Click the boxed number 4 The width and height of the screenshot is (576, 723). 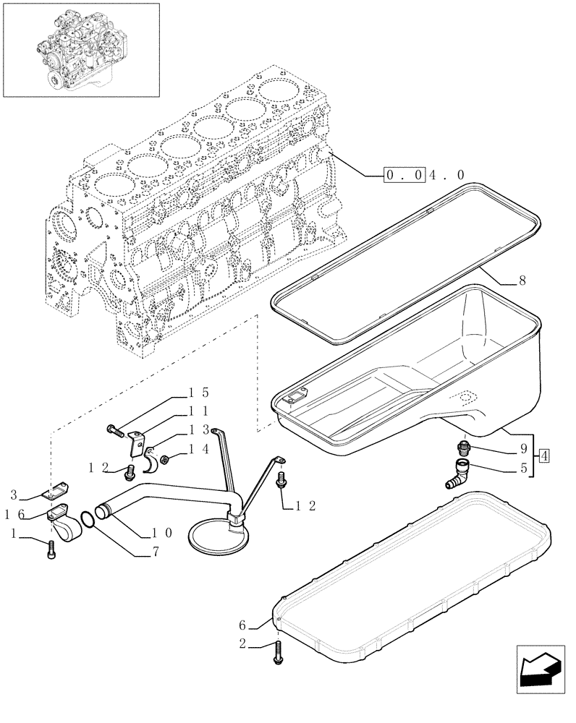click(x=544, y=455)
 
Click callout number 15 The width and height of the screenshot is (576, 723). click(x=198, y=393)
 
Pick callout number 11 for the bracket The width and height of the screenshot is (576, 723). click(x=198, y=410)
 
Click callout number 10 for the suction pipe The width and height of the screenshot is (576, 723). click(x=161, y=533)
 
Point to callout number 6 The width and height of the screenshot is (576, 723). click(x=242, y=625)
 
